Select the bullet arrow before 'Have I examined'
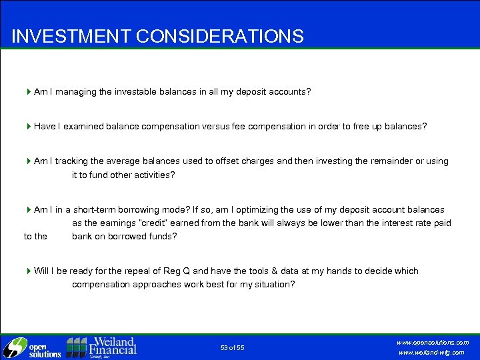(x=29, y=126)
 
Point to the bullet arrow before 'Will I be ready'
(x=29, y=271)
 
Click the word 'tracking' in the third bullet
(x=74, y=161)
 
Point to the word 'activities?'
(x=153, y=175)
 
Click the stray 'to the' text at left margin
(x=35, y=236)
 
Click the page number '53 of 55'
(x=233, y=347)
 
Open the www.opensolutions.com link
(x=433, y=342)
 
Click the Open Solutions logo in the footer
(x=32, y=347)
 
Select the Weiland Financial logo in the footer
(x=101, y=347)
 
